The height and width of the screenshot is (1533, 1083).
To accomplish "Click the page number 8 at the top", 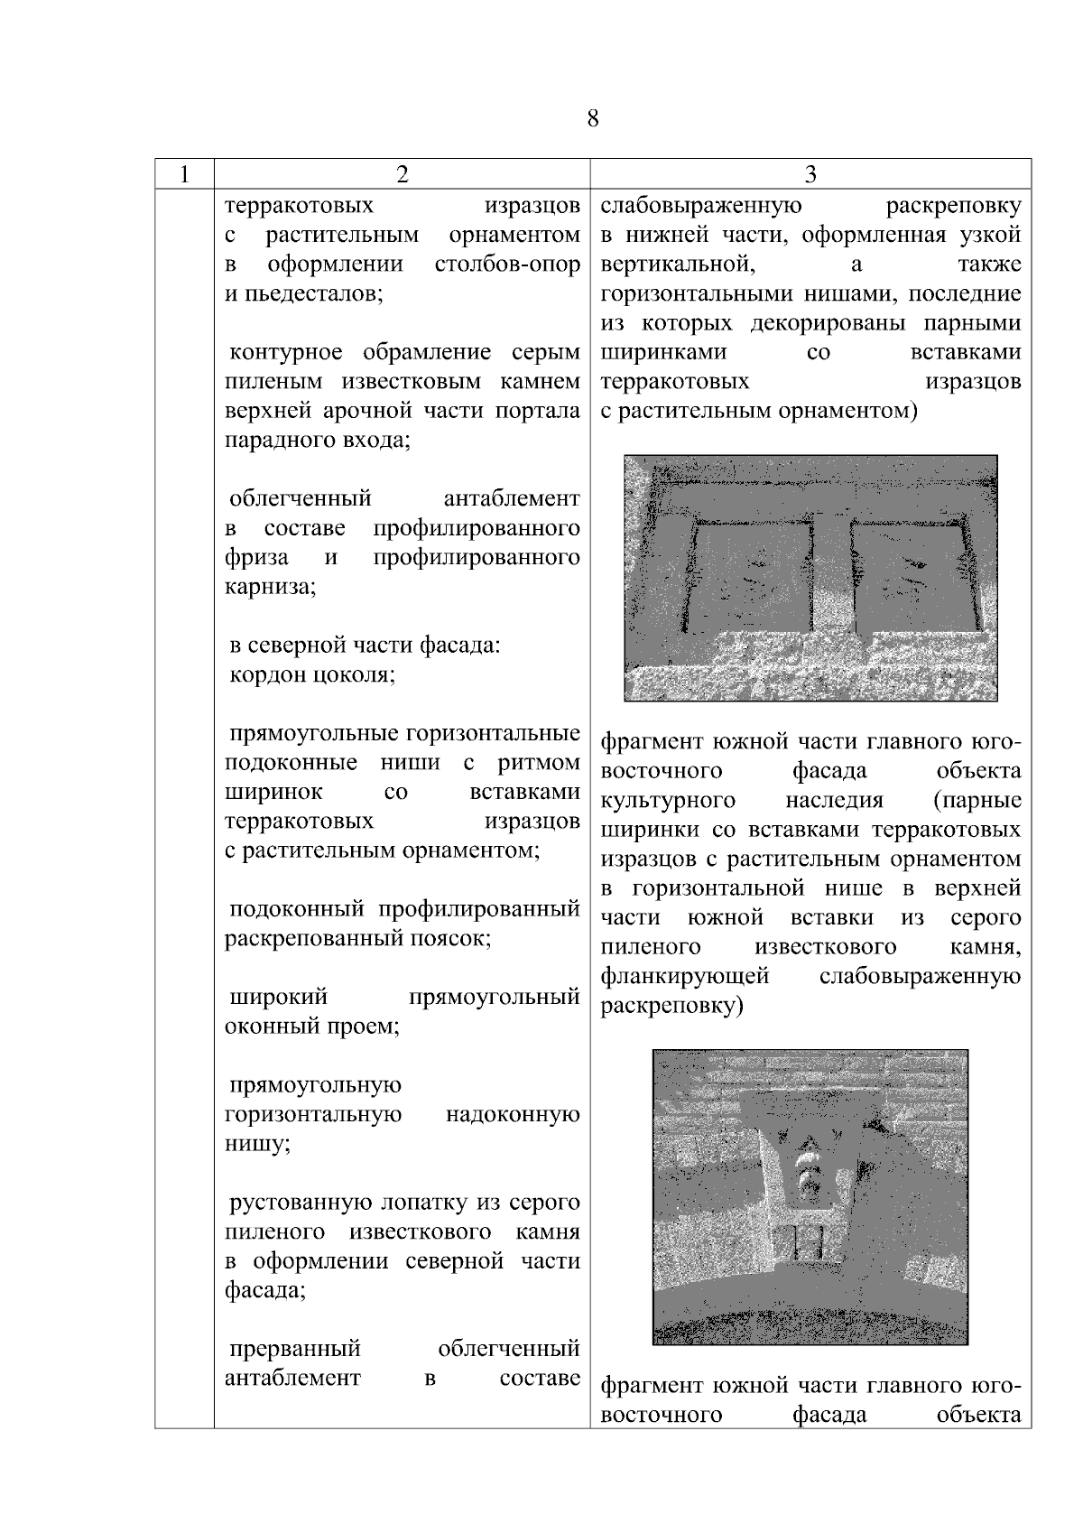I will tap(593, 119).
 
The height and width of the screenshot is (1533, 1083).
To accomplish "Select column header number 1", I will tap(184, 174).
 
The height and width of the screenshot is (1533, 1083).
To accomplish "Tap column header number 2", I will tap(402, 174).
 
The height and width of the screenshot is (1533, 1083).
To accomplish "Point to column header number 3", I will tap(810, 174).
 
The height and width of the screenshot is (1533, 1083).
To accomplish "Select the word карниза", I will tap(269, 587).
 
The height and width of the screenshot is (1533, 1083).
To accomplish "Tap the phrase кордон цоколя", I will tap(312, 674).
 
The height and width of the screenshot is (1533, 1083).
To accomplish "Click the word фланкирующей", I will tap(684, 976).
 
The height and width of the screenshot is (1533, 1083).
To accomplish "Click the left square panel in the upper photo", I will tap(754, 578).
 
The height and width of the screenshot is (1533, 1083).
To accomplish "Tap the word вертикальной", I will tap(677, 265).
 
